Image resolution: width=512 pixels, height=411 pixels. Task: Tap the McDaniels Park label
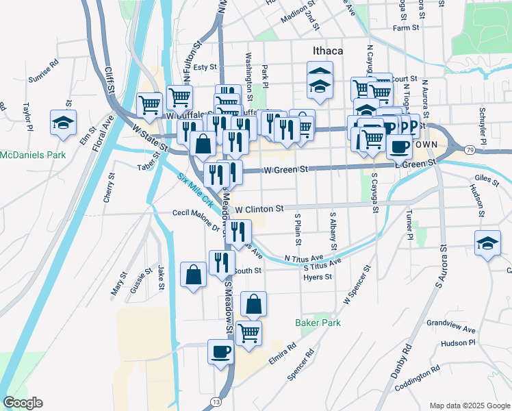click(x=32, y=155)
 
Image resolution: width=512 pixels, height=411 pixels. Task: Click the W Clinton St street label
click(x=259, y=209)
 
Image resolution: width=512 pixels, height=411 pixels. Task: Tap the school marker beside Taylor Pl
click(x=63, y=123)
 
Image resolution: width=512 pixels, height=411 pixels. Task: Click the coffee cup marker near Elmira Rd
click(x=220, y=352)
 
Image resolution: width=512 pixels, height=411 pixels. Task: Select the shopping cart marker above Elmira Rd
click(x=248, y=332)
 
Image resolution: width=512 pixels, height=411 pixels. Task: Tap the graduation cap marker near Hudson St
click(x=487, y=243)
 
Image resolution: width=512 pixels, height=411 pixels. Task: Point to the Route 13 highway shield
click(x=216, y=401)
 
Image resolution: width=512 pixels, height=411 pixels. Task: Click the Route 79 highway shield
click(x=469, y=149)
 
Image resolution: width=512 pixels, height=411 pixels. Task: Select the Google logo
click(x=23, y=403)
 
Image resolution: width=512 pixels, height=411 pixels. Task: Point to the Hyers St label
click(x=318, y=277)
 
